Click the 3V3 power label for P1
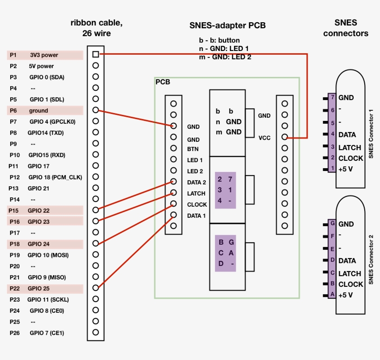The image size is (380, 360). coord(44,55)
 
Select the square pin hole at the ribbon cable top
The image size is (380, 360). coord(95,54)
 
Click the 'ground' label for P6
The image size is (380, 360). coord(38,111)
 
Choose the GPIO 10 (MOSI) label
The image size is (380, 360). coord(48,255)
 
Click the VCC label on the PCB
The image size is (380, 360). coord(264,138)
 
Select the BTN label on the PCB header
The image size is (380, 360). coord(193,149)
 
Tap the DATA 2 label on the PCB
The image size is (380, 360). coord(196,183)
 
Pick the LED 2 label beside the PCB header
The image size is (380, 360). coord(195,171)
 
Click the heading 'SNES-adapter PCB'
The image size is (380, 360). coord(228,26)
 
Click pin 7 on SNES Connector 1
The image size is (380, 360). coord(332,97)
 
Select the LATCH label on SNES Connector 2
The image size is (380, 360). coord(349,274)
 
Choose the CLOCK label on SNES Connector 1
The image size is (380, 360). coord(351,158)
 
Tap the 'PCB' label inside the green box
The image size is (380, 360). coord(163,82)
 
